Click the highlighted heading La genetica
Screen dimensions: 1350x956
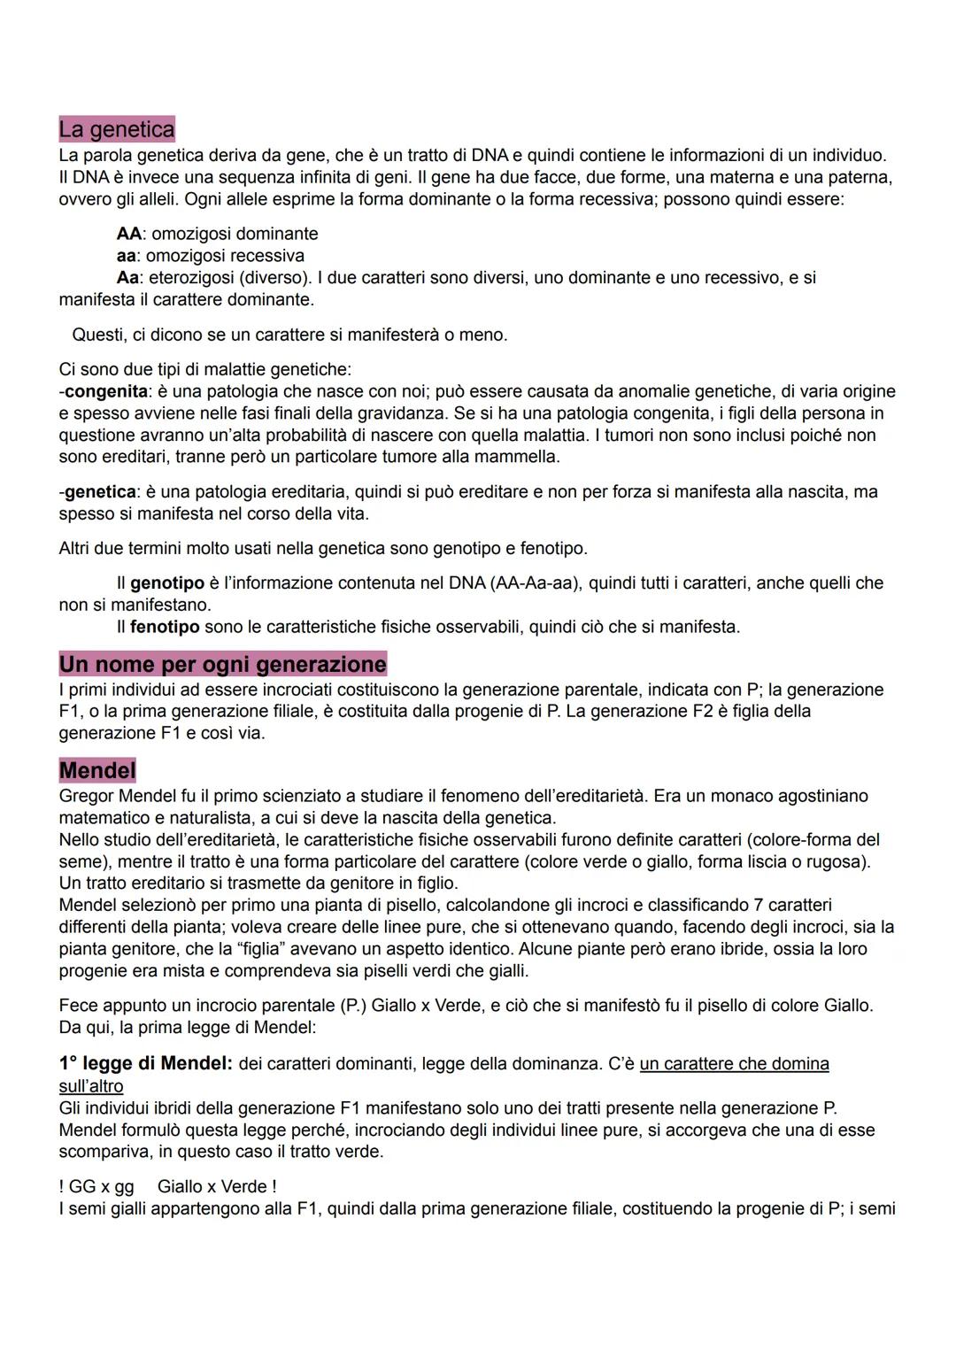(x=117, y=129)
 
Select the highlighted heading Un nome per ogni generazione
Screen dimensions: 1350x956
(x=223, y=664)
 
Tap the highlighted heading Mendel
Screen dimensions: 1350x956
(x=97, y=770)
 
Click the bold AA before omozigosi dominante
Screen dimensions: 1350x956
(x=129, y=234)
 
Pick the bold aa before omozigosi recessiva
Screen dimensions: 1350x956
(x=126, y=256)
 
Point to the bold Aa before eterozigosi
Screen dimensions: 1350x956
(x=127, y=278)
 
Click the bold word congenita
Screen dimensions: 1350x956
(x=106, y=391)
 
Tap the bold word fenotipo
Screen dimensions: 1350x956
(x=166, y=627)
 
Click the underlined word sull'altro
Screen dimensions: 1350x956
(x=91, y=1085)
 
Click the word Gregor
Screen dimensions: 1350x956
(x=86, y=796)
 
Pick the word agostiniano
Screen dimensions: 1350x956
(x=817, y=796)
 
